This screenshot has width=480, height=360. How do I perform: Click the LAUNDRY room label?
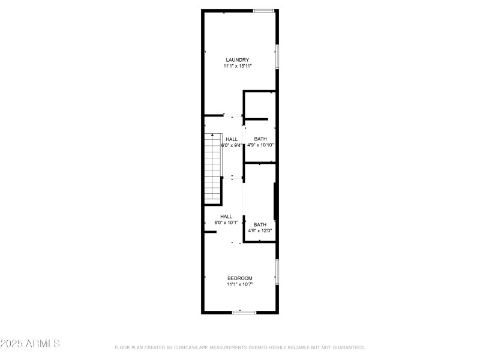[x=238, y=59]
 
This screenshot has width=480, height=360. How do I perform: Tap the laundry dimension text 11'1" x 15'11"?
[x=238, y=66]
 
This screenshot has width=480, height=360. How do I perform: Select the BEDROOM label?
[x=239, y=278]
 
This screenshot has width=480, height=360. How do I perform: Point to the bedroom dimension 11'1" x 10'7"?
[x=239, y=284]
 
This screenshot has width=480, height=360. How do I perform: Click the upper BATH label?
[x=260, y=139]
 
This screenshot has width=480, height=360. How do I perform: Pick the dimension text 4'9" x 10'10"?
[x=260, y=145]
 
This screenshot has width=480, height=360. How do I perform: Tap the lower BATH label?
[x=260, y=224]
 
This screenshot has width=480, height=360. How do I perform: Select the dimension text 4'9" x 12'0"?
[x=260, y=230]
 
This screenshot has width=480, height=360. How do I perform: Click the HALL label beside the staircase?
[x=232, y=139]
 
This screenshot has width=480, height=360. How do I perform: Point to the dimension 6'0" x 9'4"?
[x=232, y=145]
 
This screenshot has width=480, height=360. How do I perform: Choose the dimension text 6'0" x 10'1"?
[x=226, y=223]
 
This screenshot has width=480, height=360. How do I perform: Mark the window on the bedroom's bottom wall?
[x=244, y=312]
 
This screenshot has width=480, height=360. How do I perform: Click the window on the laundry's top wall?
[x=264, y=10]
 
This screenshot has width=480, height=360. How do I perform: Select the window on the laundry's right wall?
[x=277, y=56]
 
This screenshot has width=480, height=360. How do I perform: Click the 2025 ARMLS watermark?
[x=30, y=344]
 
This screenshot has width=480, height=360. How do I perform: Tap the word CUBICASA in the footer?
[x=187, y=347]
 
